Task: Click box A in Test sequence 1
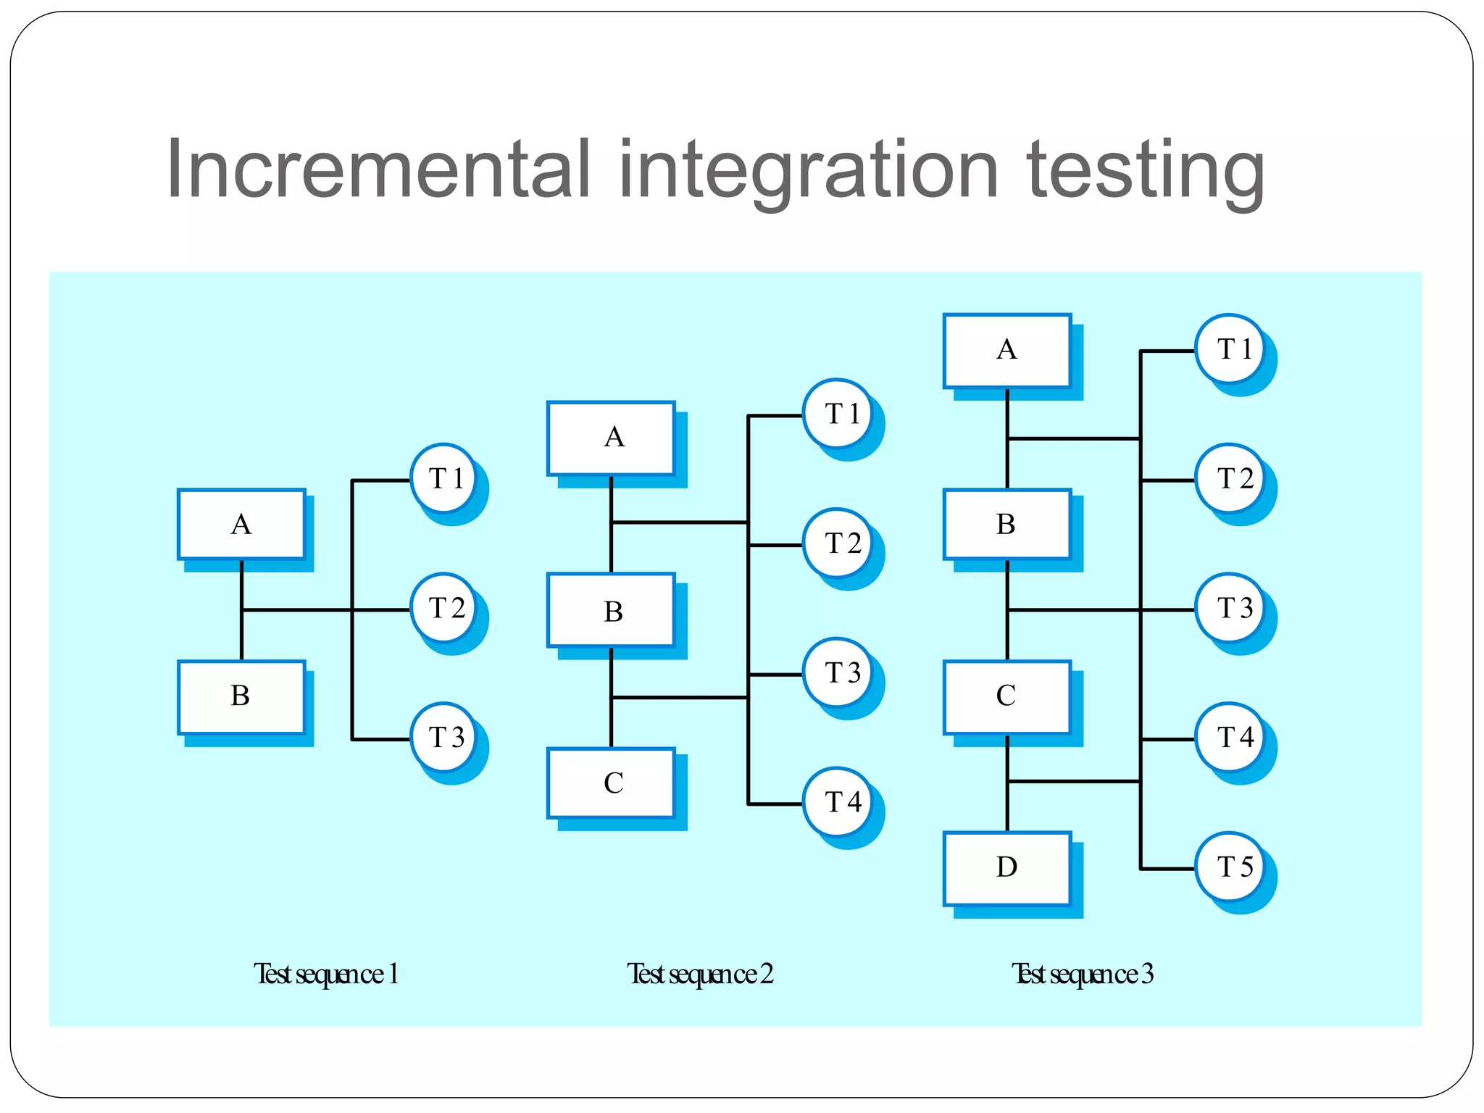pos(241,524)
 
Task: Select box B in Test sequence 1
pos(241,696)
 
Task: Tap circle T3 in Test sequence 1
pos(444,737)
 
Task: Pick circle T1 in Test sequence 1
pos(444,478)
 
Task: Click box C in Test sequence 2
pos(612,783)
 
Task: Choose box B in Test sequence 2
pos(612,611)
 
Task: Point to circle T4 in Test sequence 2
pos(839,801)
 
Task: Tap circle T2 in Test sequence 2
pos(839,543)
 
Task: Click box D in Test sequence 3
pos(1006,867)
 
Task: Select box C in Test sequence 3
pos(1006,696)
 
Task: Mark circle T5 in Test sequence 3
pos(1230,866)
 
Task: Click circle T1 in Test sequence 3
pos(1230,349)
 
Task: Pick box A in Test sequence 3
pos(1006,350)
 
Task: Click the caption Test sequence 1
pos(326,974)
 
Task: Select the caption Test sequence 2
pos(700,974)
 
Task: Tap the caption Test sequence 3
pos(1082,974)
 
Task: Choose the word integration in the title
pos(808,171)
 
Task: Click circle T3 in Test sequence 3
pos(1230,607)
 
